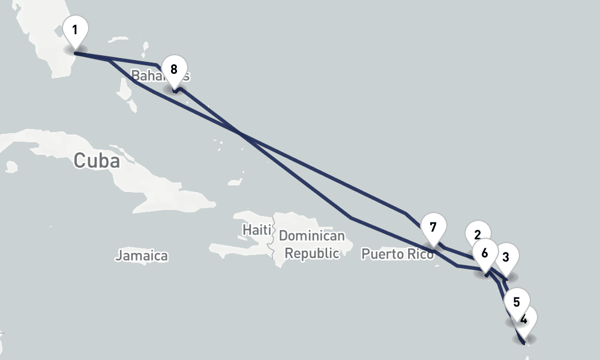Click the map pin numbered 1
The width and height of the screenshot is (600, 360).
[x=75, y=30]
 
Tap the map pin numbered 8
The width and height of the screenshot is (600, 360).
[x=174, y=70]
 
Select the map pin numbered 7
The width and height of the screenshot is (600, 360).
[x=433, y=228]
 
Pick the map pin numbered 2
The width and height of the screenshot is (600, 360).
[x=478, y=235]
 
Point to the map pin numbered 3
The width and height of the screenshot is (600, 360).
[x=506, y=257]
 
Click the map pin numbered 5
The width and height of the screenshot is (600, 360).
[x=517, y=302]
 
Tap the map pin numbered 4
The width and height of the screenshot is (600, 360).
[x=524, y=320]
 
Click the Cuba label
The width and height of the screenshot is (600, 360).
[x=96, y=161]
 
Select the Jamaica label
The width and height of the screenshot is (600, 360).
[x=142, y=256]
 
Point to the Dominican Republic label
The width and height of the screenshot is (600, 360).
[x=312, y=245]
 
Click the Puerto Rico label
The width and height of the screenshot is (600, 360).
[x=397, y=254]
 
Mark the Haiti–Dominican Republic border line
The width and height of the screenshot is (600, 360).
[x=274, y=246]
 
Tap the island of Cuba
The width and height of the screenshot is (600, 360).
[x=150, y=174]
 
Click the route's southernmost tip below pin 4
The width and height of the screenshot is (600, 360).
[x=525, y=344]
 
